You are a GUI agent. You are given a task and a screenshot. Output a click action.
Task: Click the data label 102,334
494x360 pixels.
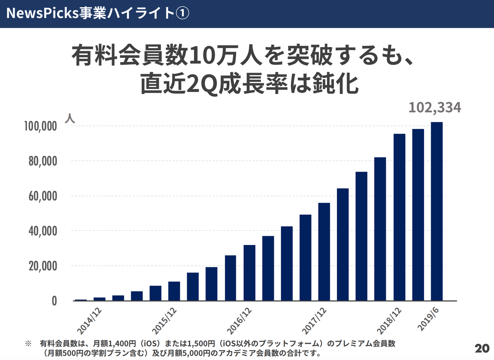[435, 108]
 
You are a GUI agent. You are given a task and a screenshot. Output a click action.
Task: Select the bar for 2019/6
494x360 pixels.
[436, 211]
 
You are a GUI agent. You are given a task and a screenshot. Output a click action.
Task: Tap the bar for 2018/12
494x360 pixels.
[399, 217]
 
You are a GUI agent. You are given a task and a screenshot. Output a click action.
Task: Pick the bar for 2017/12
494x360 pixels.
[324, 252]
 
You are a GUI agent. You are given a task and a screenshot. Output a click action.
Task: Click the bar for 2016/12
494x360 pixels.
[249, 272]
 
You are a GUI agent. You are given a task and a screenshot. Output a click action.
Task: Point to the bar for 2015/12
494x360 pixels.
[174, 291]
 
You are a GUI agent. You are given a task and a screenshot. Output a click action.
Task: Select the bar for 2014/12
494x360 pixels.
[100, 299]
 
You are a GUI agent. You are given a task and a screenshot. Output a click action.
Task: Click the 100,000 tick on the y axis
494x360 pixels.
[41, 126]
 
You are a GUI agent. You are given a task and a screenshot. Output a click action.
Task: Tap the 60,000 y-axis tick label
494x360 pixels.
[43, 196]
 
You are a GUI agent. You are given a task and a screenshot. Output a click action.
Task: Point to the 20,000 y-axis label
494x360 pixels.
[43, 266]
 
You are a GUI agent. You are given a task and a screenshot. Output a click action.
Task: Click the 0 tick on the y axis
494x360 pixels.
[54, 301]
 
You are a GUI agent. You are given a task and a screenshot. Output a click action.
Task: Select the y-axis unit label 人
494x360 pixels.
[70, 118]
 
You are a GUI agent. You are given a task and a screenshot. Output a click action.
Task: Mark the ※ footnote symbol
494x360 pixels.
[28, 343]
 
